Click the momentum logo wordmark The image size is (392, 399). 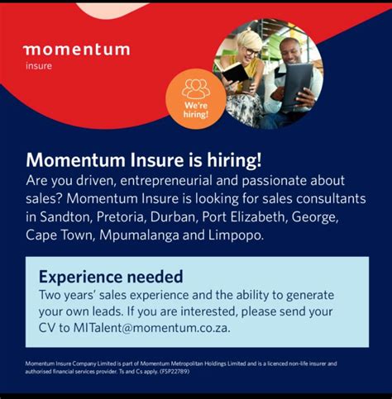[76, 50]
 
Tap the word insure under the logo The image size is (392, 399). [37, 66]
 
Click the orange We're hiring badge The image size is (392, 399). [195, 99]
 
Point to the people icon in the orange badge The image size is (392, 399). [195, 88]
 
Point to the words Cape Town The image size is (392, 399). [60, 236]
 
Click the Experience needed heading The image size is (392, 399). [111, 277]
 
